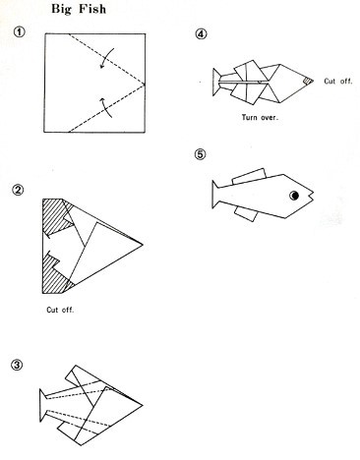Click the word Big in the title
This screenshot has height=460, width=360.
[x=61, y=10]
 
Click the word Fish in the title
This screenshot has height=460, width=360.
[x=92, y=9]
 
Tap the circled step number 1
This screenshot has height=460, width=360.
[x=19, y=32]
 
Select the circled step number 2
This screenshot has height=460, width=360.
[x=18, y=190]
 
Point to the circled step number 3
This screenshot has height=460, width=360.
[x=17, y=365]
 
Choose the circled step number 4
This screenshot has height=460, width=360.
[x=201, y=34]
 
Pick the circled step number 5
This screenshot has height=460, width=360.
[x=201, y=154]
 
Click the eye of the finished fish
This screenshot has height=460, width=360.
[x=294, y=196]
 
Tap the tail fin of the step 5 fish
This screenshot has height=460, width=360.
[x=215, y=194]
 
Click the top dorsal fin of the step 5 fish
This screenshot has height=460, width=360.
[x=249, y=176]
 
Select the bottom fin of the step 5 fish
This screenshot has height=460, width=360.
[x=246, y=214]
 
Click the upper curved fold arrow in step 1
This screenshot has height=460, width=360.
[x=106, y=58]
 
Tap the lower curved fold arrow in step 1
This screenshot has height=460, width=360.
[x=106, y=107]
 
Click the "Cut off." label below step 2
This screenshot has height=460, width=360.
[x=60, y=310]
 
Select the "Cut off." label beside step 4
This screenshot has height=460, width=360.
[x=338, y=81]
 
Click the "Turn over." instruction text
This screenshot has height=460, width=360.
[x=260, y=117]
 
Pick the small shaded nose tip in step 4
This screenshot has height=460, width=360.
[x=307, y=81]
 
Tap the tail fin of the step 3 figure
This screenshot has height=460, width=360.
[x=43, y=405]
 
